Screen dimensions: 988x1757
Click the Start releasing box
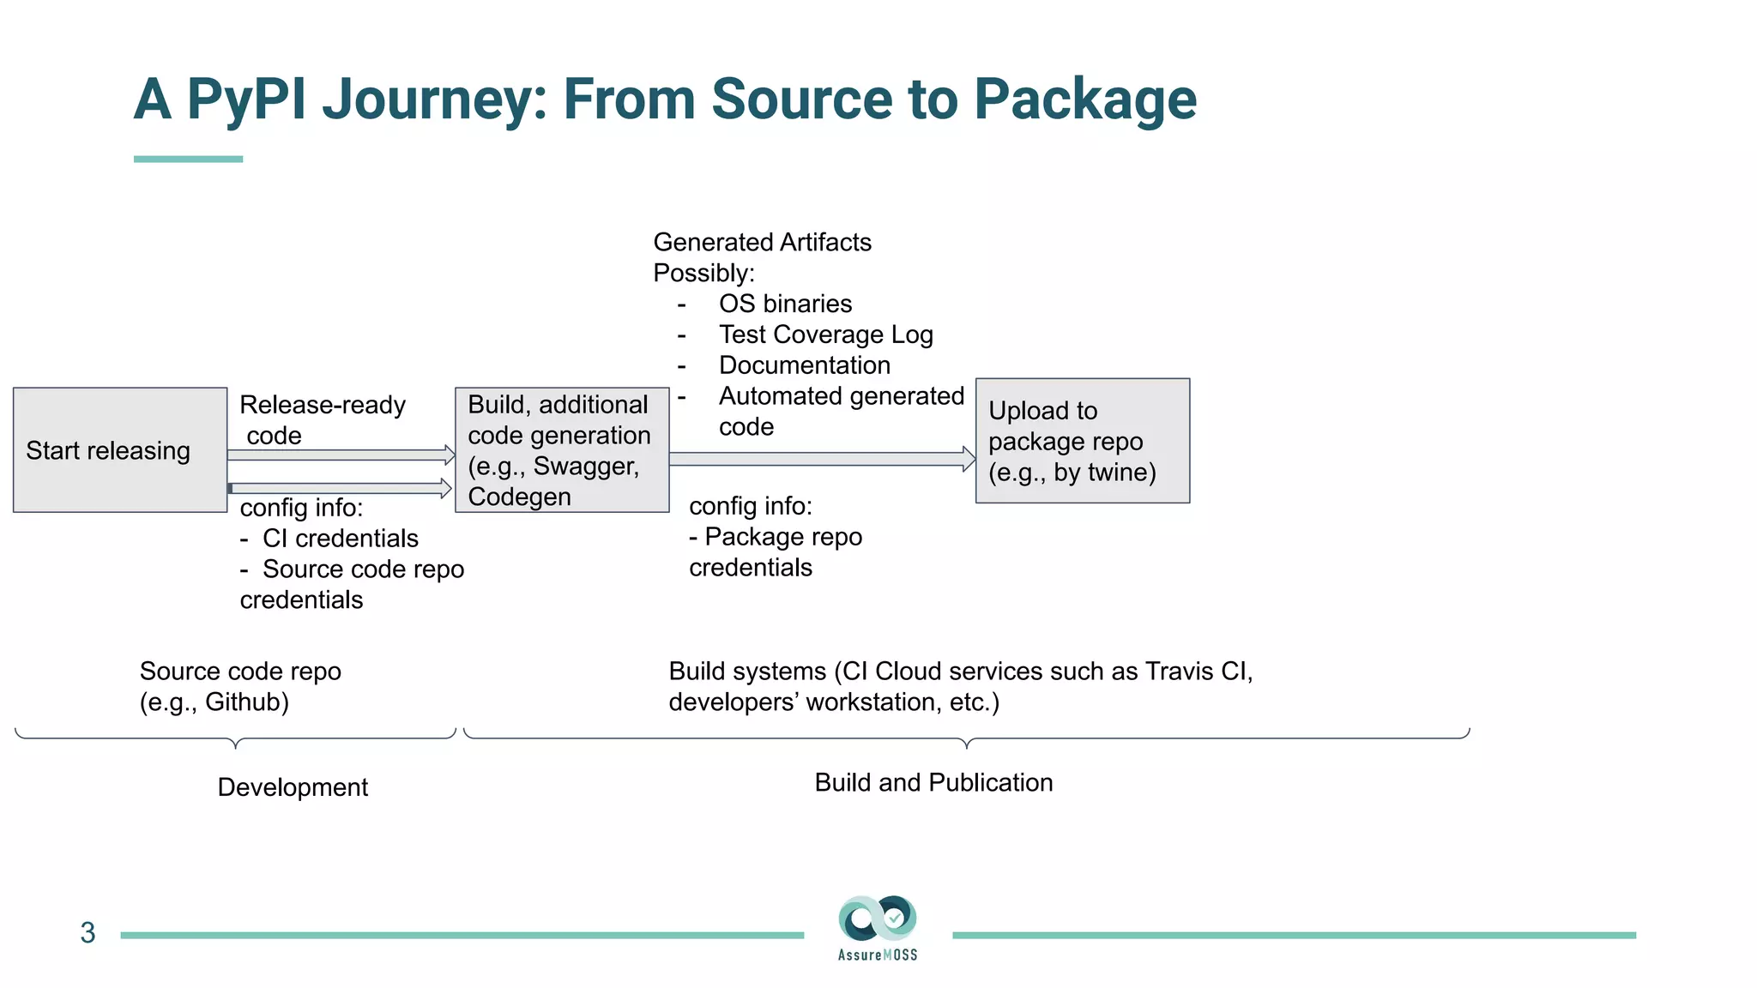[120, 450]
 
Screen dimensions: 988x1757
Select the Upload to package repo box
[1082, 441]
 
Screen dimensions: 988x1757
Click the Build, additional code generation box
[562, 450]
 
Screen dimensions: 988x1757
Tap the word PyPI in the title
[246, 100]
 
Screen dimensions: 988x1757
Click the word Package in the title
[1084, 100]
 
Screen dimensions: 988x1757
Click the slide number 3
[88, 933]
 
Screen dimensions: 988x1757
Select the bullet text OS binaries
[785, 304]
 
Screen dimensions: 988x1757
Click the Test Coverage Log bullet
[825, 334]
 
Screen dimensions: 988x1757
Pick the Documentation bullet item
[804, 365]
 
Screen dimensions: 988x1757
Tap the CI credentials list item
[340, 539]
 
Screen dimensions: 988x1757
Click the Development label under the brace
[293, 787]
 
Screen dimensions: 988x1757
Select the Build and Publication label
[933, 782]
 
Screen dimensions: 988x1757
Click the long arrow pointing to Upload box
[822, 459]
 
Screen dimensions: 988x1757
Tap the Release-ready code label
[322, 419]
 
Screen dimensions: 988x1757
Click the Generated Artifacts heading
[762, 243]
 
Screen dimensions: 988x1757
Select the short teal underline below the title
[188, 159]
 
